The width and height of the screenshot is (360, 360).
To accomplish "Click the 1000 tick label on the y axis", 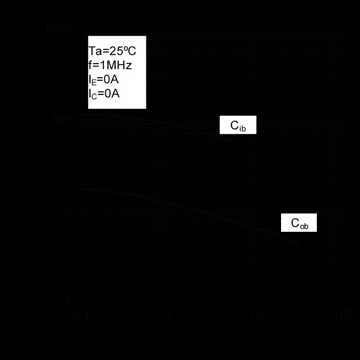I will [x=57, y=30].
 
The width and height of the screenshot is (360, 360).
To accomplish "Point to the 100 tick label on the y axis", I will [x=61, y=120].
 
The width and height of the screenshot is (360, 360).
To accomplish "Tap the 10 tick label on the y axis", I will [x=64, y=210].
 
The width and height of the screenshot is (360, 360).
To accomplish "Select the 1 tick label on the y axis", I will [x=68, y=300].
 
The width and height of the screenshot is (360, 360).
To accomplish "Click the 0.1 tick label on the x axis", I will [x=81, y=314].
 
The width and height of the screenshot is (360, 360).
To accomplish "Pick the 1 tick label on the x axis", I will [x=169, y=314].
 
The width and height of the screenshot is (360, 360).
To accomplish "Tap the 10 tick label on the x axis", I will [x=256, y=314].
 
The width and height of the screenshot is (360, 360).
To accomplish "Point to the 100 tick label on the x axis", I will [x=344, y=314].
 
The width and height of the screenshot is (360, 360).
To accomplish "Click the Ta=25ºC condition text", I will [x=112, y=51].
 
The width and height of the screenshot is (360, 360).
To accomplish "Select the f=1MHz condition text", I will [x=110, y=65].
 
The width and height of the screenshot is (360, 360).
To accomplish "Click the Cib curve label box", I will [x=238, y=126].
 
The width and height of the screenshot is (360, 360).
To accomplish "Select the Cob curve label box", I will [x=299, y=223].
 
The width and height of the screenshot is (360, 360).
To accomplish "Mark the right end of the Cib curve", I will [x=230, y=141].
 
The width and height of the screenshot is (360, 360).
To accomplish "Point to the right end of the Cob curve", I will [x=298, y=244].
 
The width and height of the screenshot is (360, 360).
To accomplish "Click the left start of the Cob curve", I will [x=82, y=189].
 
